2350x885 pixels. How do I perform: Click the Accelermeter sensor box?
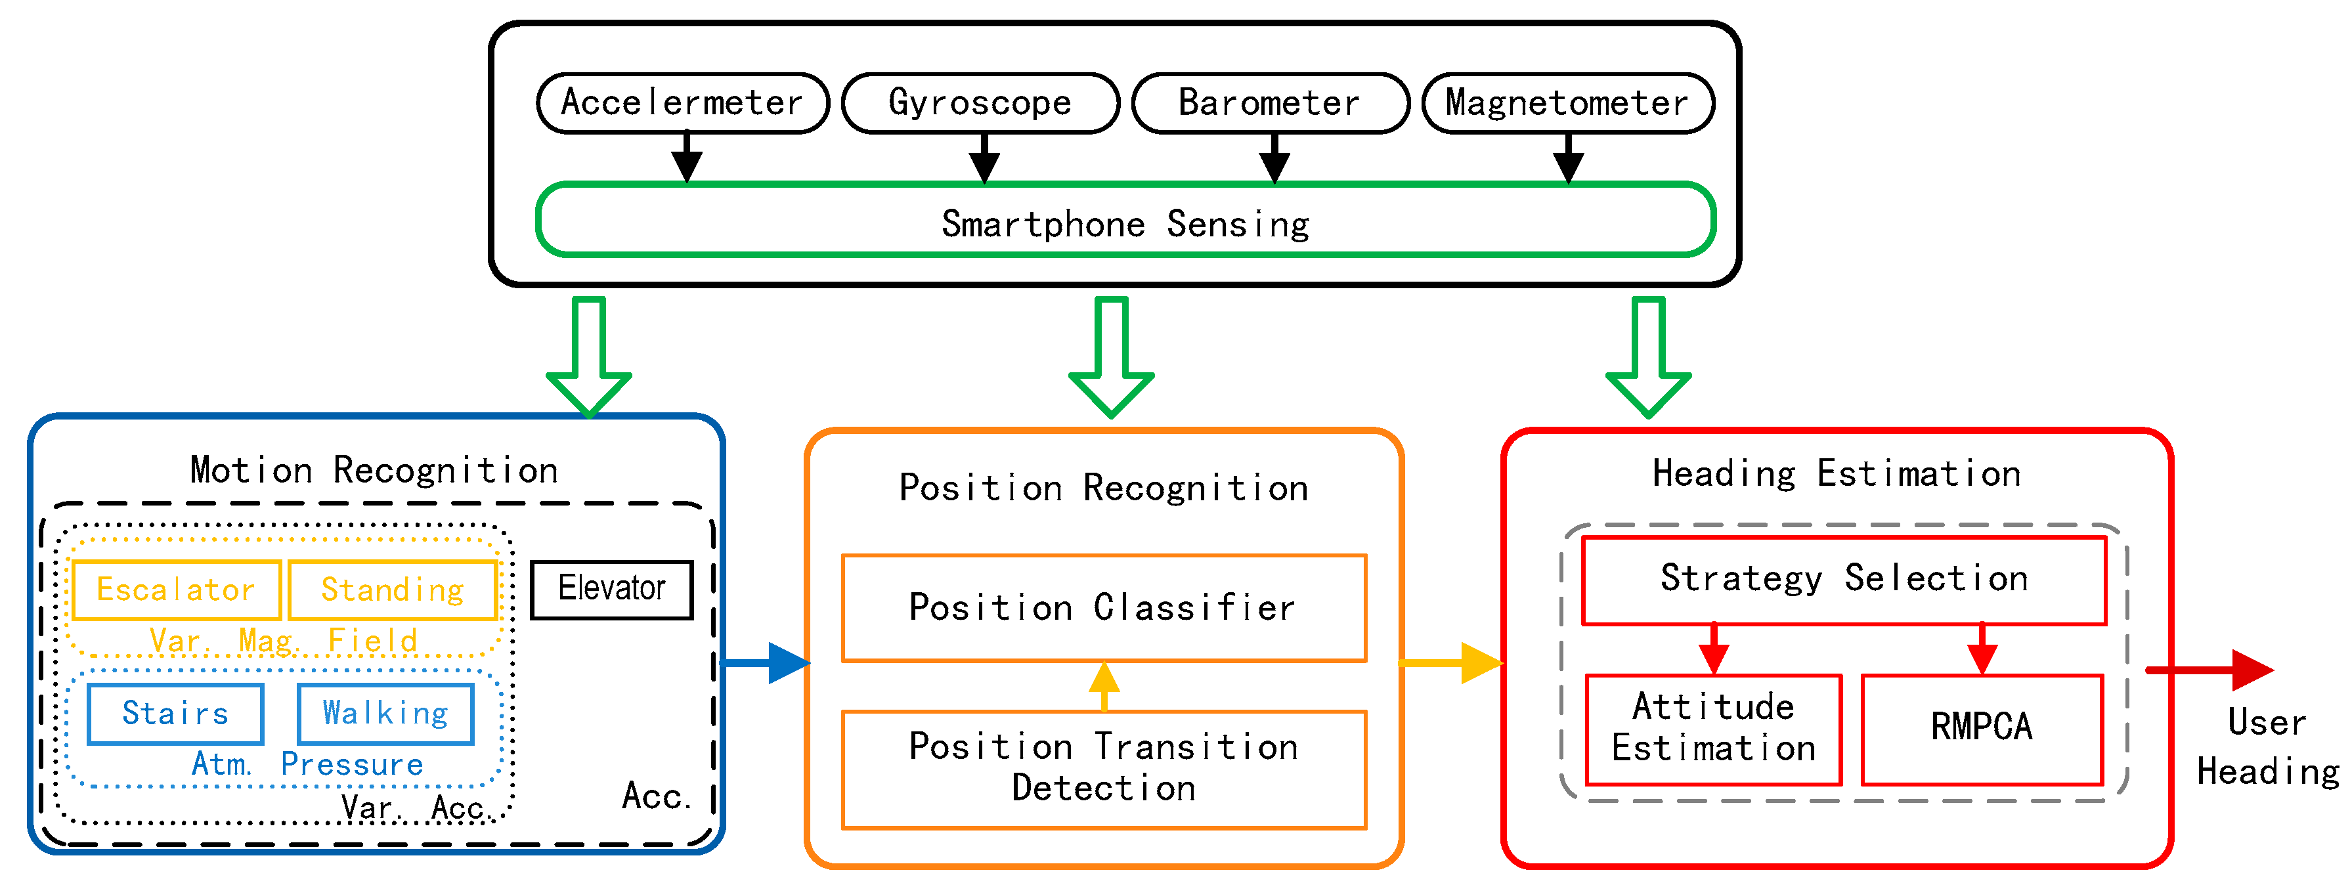coord(682,103)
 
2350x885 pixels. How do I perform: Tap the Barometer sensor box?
coord(1269,103)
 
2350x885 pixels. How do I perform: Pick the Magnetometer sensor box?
coord(1567,103)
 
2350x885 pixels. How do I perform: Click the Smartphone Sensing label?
coord(1125,223)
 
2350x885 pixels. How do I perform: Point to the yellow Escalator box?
coord(176,590)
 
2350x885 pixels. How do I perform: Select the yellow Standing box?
coord(392,590)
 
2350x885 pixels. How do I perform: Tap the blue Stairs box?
coord(175,714)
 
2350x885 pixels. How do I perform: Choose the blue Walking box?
coord(385,714)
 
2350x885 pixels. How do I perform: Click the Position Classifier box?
coord(1103,608)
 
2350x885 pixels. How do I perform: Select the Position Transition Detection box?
coord(1103,768)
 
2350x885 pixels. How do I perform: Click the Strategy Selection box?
coord(1843,579)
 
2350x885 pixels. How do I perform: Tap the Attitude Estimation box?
coord(1713,728)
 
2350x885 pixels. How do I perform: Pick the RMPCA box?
coord(1982,728)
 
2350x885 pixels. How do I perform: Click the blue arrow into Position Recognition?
coord(766,662)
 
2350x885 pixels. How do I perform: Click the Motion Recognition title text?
coord(374,471)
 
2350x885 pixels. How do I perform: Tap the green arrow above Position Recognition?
coord(1111,356)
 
